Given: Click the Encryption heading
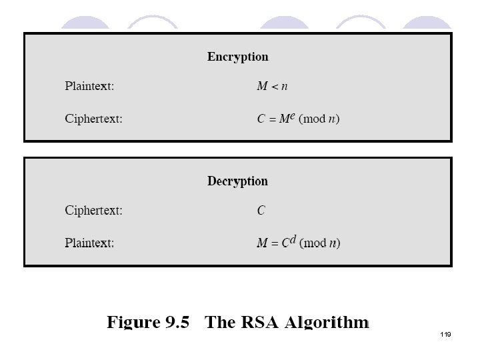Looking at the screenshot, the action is (x=237, y=57).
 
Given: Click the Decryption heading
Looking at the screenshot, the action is (x=237, y=181).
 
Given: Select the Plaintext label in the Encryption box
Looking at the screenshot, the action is (x=89, y=86).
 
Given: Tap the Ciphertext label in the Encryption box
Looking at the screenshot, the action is (x=93, y=119).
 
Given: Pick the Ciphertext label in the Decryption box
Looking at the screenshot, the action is (x=93, y=211).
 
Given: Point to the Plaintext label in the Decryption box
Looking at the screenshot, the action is (x=89, y=243).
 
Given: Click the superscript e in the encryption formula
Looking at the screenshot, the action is (x=292, y=116).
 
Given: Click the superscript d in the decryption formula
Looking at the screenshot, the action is (x=293, y=239).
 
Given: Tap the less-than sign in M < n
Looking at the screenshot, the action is (x=275, y=87).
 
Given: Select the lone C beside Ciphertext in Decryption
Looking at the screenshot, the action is (x=261, y=211).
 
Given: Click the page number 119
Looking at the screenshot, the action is (x=445, y=334).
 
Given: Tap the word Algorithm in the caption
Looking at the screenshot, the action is (x=327, y=323).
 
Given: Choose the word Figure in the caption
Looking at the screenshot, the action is (x=133, y=323).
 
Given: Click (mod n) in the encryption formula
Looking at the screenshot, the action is (x=319, y=119).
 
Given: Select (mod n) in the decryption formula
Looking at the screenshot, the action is (x=319, y=243).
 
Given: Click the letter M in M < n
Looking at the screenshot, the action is (x=263, y=86).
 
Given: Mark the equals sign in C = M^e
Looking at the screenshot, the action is (x=273, y=119).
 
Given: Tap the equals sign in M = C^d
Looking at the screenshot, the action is (x=275, y=244).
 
